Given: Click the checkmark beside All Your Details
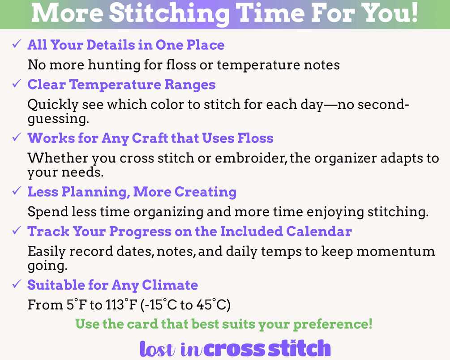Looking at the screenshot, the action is (17, 44).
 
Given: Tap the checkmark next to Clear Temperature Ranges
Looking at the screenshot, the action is (17, 84).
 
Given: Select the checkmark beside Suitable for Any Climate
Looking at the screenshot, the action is (17, 284).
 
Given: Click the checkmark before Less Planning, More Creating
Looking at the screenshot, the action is (17, 191).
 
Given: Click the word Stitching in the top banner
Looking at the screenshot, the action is (169, 14).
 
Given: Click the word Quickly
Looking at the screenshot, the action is (53, 105).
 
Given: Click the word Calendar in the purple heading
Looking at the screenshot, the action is (319, 231).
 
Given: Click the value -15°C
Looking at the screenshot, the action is (159, 304).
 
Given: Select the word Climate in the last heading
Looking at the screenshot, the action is (170, 285).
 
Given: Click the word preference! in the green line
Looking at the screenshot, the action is (333, 324).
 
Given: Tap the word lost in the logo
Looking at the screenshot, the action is (157, 349).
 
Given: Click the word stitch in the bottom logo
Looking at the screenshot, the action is (299, 348).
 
